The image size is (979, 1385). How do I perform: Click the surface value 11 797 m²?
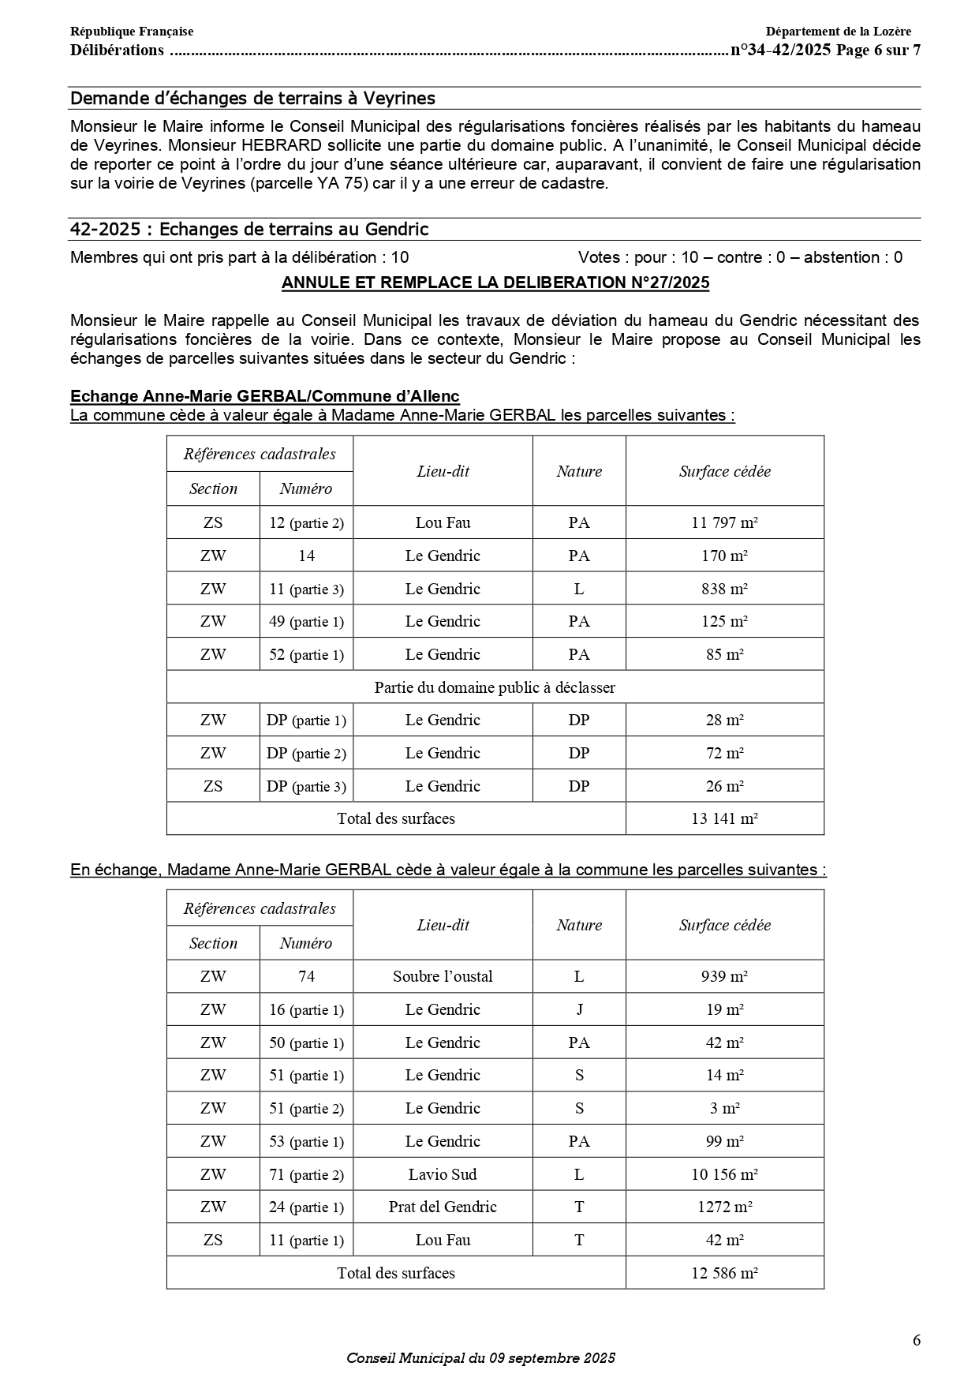click(724, 522)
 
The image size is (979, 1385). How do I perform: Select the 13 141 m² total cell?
click(724, 818)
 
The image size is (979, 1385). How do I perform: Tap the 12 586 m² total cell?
click(724, 1273)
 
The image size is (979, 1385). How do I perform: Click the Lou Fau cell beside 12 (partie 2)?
click(443, 522)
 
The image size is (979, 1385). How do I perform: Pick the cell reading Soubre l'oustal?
click(443, 976)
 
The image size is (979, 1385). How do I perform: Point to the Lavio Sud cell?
click(443, 1174)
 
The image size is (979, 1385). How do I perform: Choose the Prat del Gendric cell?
click(443, 1207)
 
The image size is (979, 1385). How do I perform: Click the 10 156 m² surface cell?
click(724, 1174)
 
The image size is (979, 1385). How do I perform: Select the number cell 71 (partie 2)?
click(306, 1174)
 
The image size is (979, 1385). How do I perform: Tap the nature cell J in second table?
click(579, 1009)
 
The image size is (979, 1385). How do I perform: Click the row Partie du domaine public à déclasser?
click(495, 687)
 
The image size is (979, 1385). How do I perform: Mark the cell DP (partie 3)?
click(306, 786)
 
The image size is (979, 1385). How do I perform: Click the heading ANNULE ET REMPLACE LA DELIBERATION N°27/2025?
click(495, 283)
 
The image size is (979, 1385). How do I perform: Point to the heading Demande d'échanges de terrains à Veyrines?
click(252, 98)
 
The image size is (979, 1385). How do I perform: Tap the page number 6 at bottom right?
click(916, 1340)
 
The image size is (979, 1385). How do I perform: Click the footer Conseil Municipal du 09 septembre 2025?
click(480, 1358)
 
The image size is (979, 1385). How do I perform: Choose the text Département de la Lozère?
click(838, 32)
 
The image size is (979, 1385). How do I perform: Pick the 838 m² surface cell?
click(724, 589)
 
